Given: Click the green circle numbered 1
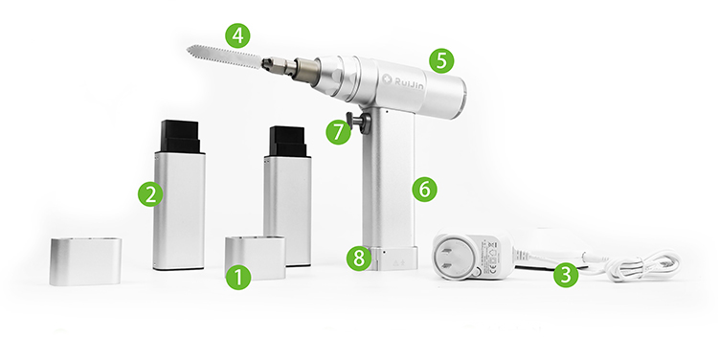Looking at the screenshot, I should tap(238, 278).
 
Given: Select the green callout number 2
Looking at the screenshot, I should tap(149, 194).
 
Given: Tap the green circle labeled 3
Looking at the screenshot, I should tap(566, 275).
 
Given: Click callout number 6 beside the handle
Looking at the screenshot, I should tap(424, 188).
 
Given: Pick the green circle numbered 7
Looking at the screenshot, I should tap(336, 132).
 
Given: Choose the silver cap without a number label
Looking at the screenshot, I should tap(86, 261).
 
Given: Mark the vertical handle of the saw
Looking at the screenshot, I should tap(387, 191).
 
